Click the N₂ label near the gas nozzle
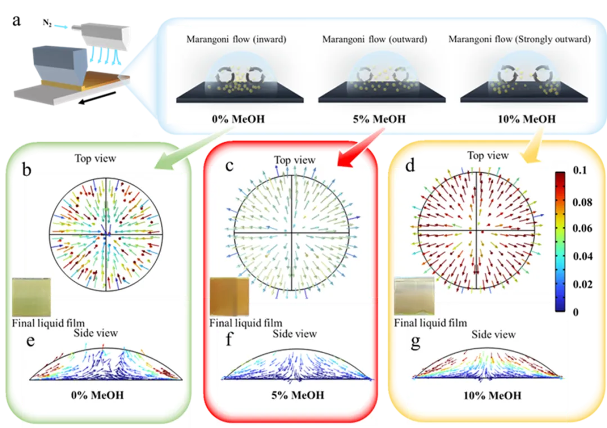click(x=47, y=23)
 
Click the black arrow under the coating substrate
click(x=97, y=97)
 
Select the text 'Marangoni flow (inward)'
click(x=237, y=39)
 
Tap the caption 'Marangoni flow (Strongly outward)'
click(x=519, y=39)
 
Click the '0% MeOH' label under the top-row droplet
click(x=238, y=119)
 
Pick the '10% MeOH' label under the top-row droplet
click(x=527, y=119)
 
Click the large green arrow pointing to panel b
click(x=190, y=149)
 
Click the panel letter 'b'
click(x=26, y=169)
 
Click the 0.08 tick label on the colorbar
click(x=582, y=202)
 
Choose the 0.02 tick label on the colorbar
click(x=582, y=284)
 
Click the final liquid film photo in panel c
click(x=229, y=296)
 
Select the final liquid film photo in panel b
click(x=31, y=297)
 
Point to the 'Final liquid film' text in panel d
click(x=431, y=323)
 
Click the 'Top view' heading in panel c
click(x=295, y=160)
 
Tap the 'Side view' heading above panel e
click(x=96, y=333)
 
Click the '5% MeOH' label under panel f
click(x=298, y=395)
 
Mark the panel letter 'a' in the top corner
click(x=16, y=21)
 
